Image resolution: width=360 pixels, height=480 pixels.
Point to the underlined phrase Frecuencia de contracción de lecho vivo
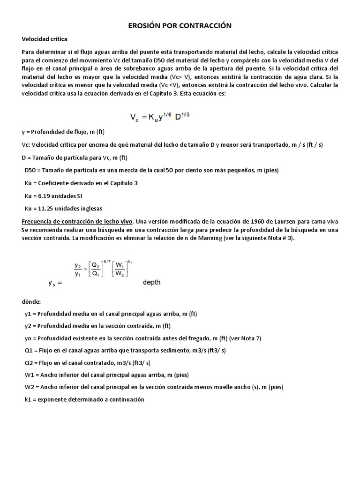77,221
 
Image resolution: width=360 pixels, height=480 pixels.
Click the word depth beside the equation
151,282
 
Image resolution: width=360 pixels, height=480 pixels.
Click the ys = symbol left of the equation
55,283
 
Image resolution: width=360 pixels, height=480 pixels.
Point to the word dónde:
32,302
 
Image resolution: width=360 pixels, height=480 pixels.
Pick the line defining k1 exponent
84,399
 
